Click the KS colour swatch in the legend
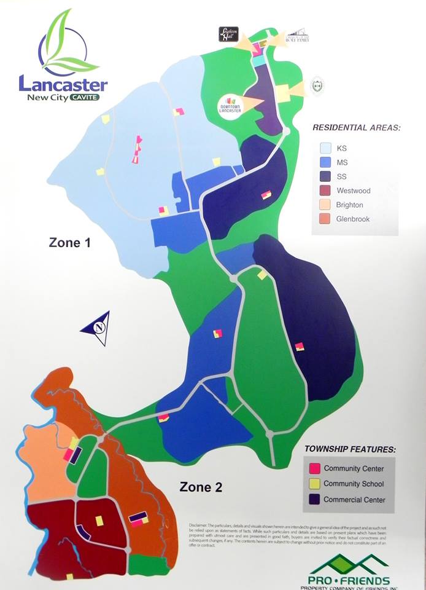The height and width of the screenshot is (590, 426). (x=325, y=148)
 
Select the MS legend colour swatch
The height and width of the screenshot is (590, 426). (x=325, y=162)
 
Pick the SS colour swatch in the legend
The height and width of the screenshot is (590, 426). (x=325, y=176)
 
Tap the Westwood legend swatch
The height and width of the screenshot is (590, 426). (x=325, y=191)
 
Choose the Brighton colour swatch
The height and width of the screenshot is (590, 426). (x=325, y=205)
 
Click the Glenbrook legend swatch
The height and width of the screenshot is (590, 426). (x=325, y=219)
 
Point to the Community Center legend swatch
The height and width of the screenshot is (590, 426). (x=314, y=469)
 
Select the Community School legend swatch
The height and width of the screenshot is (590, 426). (x=314, y=484)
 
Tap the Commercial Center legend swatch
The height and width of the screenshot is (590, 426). (x=314, y=500)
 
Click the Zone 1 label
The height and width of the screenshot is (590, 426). (x=69, y=243)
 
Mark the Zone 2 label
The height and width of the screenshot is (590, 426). (x=201, y=487)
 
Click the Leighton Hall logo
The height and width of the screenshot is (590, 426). (x=228, y=34)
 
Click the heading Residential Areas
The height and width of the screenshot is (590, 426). (x=356, y=128)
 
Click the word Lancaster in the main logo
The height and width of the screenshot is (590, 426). (x=63, y=85)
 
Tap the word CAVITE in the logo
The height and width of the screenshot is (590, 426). (x=83, y=97)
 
